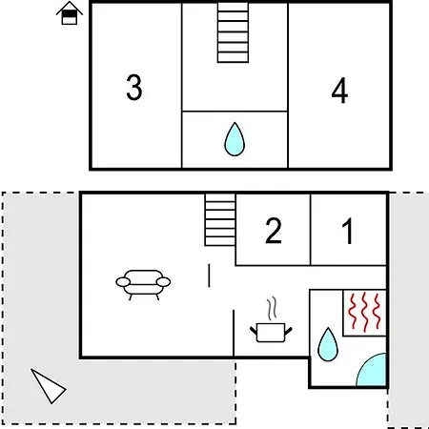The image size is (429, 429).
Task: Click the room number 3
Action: pos(134,88)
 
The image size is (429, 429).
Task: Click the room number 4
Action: pos(339,91)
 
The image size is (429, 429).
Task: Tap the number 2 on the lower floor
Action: pos(274,231)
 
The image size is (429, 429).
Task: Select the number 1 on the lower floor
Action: pos(348,231)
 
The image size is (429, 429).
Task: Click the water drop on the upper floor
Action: pos(235,139)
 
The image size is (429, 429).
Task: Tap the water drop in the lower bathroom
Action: pos(328,344)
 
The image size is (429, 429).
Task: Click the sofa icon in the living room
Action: pos(143,285)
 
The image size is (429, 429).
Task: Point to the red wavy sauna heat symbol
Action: pos(364,313)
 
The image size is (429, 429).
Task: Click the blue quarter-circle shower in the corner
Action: pos(371,370)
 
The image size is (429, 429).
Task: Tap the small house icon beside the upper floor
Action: pos(70,13)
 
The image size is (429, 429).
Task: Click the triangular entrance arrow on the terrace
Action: pos(49,386)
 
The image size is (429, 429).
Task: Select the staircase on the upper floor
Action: pos(233,32)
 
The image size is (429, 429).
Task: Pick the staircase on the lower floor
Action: pos(220,220)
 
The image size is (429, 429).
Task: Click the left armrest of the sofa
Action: pos(123,282)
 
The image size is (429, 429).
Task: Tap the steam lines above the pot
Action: pos(272,309)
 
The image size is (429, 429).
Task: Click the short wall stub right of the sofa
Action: pos(209,276)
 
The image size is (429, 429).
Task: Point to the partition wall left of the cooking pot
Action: pos(234,333)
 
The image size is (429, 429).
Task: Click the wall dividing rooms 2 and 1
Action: pos(311,230)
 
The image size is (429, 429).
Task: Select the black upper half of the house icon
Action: pos(70,14)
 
